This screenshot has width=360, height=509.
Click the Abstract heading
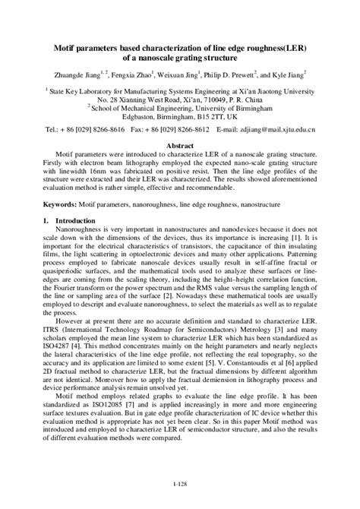coord(180,145)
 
